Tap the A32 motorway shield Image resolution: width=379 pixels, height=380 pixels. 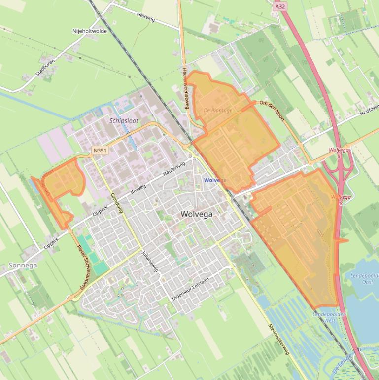(x=280, y=6)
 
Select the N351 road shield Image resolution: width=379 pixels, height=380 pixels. (x=99, y=149)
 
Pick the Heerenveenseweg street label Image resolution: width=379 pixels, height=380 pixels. (x=186, y=87)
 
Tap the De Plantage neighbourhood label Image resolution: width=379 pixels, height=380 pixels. (x=217, y=110)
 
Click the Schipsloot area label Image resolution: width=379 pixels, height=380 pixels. (x=124, y=120)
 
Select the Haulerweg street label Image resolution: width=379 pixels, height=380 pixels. (x=174, y=169)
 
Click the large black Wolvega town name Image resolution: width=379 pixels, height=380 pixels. (x=197, y=214)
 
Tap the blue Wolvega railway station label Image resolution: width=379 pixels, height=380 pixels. (x=215, y=180)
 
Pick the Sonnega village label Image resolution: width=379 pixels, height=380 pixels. (x=23, y=265)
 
